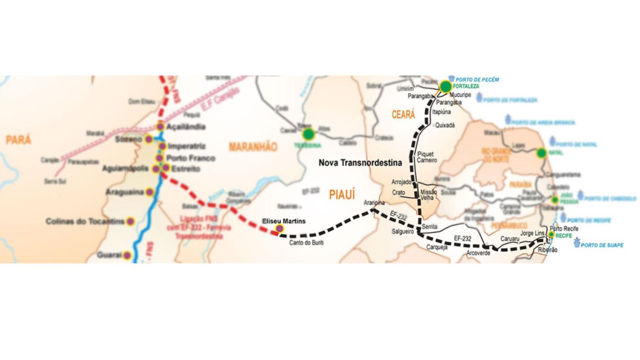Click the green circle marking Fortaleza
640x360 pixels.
446,87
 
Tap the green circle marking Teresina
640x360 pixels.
309,133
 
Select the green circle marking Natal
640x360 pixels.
541,153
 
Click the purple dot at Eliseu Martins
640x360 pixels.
279,228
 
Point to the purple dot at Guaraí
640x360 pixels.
127,256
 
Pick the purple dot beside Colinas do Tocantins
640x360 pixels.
130,222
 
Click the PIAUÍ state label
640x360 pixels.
342,195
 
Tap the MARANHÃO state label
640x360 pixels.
253,147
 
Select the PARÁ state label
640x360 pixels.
18,140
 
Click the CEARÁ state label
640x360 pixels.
403,115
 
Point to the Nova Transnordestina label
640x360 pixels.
360,162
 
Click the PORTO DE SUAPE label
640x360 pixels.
602,245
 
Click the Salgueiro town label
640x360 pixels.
403,232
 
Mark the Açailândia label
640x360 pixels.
186,127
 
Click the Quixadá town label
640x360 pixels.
445,125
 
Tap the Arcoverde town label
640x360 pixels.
478,252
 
